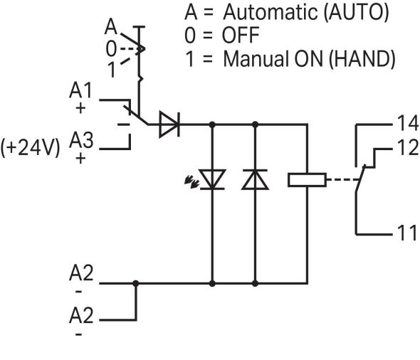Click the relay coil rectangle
(307, 179)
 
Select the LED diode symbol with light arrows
(209, 179)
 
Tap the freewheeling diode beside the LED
(255, 179)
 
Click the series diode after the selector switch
(169, 125)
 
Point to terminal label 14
(408, 123)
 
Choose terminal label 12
(408, 147)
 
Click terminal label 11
(407, 233)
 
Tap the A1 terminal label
(80, 90)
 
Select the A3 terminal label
(81, 140)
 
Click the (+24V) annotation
(31, 147)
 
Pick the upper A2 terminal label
(81, 272)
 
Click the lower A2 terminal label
(81, 314)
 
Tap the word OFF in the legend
(241, 35)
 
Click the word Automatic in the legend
(271, 12)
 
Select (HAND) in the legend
(362, 59)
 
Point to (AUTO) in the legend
(356, 12)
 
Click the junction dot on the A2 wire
(136, 283)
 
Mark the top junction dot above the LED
(212, 125)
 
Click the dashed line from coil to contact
(342, 179)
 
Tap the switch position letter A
(111, 26)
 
